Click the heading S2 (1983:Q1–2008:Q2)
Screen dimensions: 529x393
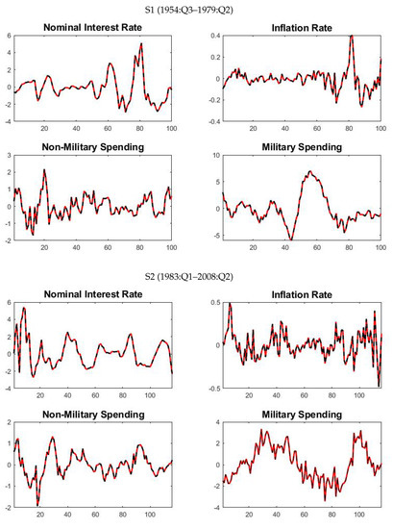tap(197, 276)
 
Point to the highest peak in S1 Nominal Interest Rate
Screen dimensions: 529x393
tap(141, 44)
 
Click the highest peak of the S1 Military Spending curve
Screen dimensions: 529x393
tap(310, 171)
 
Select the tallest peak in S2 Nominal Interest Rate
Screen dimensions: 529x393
tap(24, 309)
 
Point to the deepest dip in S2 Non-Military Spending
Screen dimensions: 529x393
tap(37, 504)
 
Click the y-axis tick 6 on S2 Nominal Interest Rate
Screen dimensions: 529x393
tap(7, 304)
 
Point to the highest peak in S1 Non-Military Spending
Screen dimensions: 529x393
tap(44, 171)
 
